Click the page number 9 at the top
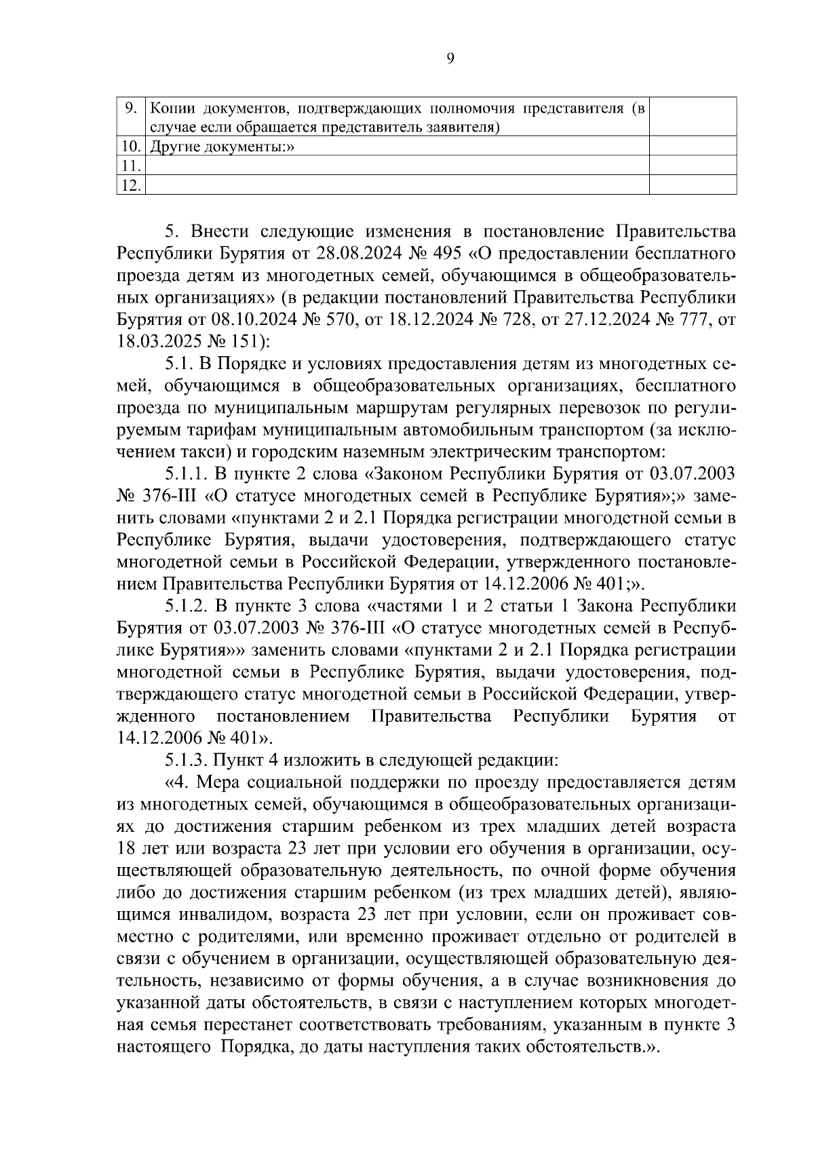[451, 59]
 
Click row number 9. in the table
[132, 108]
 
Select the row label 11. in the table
[130, 166]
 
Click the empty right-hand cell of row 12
[693, 185]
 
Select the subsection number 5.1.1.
[186, 473]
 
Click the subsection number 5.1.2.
[186, 605]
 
